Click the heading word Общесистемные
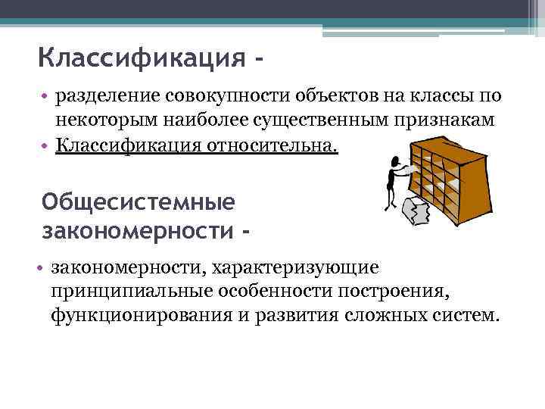[139, 202]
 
